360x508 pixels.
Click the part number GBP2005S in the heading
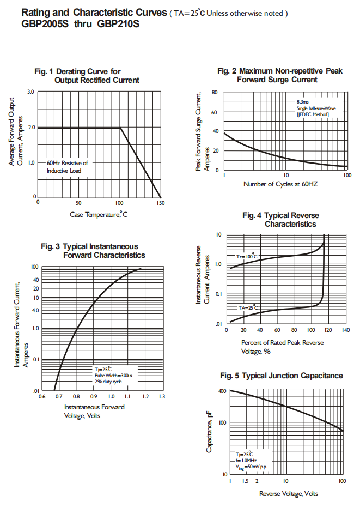[45, 24]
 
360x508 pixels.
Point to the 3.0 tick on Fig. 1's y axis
[32, 92]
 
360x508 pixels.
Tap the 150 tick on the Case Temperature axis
[160, 203]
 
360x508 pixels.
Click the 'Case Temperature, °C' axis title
[99, 215]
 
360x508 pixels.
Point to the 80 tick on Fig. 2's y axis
[215, 93]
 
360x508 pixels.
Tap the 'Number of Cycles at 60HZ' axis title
[280, 184]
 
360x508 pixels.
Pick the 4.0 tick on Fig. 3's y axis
[36, 311]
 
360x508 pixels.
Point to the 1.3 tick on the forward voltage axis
[162, 397]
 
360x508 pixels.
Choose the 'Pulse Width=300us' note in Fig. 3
[113, 376]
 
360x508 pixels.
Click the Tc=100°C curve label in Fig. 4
[246, 256]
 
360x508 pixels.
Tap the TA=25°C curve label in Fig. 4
[248, 308]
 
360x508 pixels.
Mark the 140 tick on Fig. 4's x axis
[345, 330]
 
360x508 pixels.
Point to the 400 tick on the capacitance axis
[222, 391]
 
